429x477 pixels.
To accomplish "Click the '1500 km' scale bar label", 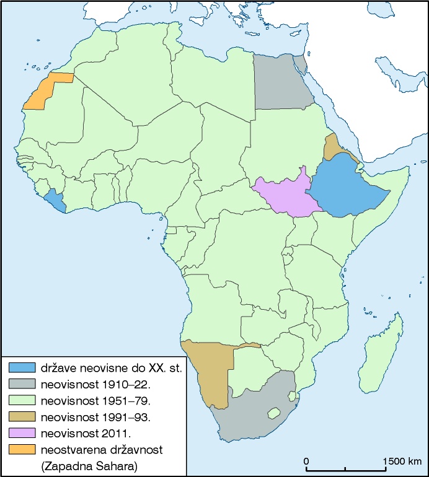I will pos(401,462).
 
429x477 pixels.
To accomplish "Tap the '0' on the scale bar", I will pos(307,462).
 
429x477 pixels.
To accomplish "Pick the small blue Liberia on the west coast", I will pos(56,199).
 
